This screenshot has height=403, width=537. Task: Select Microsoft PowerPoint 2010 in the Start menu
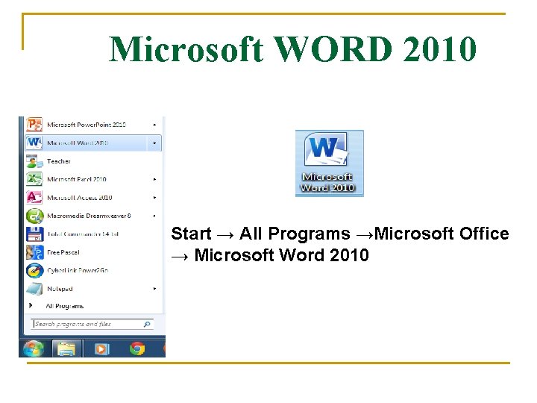(86, 124)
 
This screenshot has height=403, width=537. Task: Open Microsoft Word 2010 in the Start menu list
(78, 143)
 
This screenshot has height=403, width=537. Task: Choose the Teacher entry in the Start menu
(58, 161)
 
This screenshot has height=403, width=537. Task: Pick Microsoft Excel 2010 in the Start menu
(76, 179)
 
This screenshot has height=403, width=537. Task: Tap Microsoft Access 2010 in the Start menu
(79, 198)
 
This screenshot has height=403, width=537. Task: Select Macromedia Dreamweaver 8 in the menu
(88, 216)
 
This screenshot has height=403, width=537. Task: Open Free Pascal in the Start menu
(63, 252)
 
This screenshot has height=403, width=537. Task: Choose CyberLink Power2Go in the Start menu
(77, 270)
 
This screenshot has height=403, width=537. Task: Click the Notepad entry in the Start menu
(60, 289)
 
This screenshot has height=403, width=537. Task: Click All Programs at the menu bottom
(64, 306)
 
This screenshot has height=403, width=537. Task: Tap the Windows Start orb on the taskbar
(33, 348)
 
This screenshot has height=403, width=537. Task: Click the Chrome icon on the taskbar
(136, 348)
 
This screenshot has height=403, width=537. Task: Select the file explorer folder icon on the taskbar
(67, 348)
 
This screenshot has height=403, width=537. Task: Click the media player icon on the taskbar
(101, 348)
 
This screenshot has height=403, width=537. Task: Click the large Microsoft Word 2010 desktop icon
(328, 163)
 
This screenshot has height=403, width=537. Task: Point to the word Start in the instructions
(191, 234)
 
